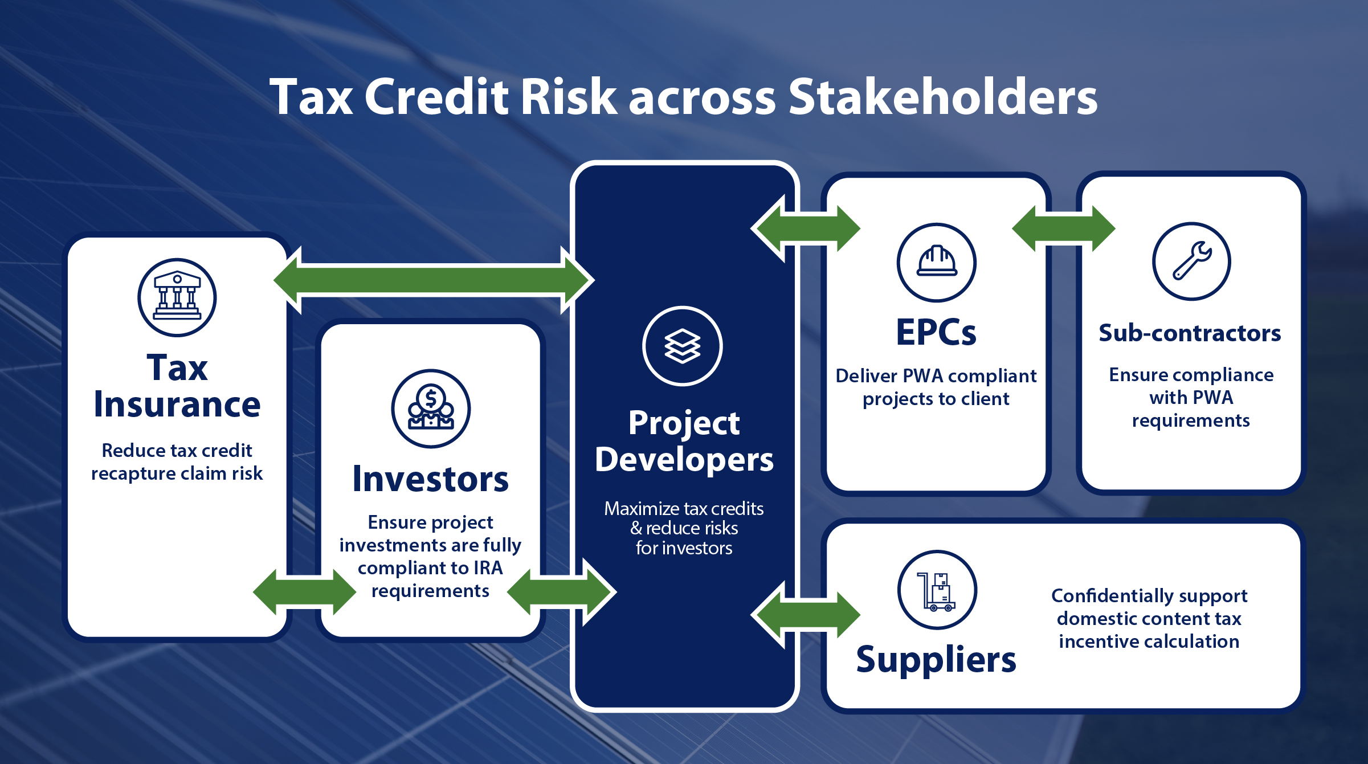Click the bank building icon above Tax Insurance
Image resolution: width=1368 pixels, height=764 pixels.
[x=177, y=297]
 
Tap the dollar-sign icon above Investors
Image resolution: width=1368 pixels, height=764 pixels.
[x=431, y=408]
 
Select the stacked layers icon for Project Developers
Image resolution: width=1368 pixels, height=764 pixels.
[x=683, y=346]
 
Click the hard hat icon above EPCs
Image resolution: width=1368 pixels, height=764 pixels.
[x=937, y=262]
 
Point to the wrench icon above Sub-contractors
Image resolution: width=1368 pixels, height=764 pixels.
[x=1191, y=262]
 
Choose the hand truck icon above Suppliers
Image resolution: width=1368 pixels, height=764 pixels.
[x=937, y=590]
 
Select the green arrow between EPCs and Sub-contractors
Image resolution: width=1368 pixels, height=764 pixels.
[x=1064, y=228]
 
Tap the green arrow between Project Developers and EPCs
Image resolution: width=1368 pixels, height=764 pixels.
[x=806, y=228]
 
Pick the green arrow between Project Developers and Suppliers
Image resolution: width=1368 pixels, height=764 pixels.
[x=806, y=615]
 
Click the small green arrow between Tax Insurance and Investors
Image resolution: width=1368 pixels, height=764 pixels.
[x=305, y=592]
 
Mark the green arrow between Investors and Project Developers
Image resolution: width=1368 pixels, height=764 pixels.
[x=562, y=592]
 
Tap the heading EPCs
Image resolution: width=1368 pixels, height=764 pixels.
[x=936, y=332]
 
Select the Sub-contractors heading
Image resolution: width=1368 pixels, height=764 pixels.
[x=1190, y=333]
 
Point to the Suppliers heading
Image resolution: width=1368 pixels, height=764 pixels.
[x=936, y=660]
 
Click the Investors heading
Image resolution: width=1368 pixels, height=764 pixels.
[x=430, y=479]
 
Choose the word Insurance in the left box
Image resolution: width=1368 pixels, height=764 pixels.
[x=177, y=404]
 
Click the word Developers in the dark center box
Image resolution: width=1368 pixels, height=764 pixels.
[x=684, y=459]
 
